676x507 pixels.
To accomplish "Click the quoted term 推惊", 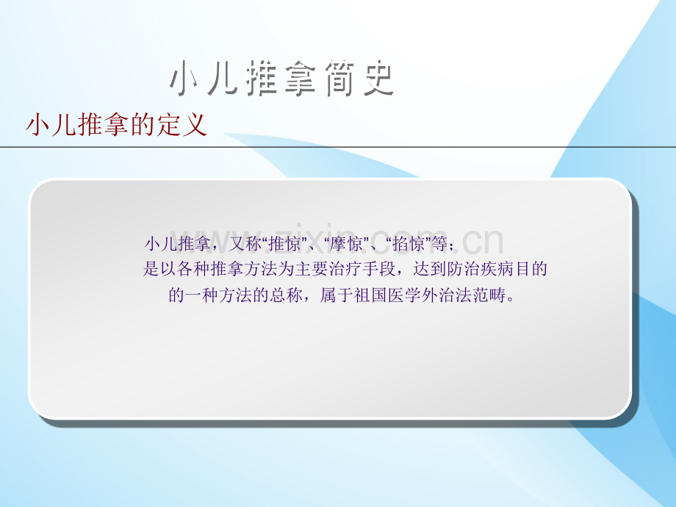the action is pyautogui.click(x=284, y=244).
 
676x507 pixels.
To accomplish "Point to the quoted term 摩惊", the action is pyautogui.click(x=346, y=244).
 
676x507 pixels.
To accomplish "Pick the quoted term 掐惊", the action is pyautogui.click(x=408, y=244).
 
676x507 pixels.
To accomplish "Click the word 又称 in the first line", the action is pyautogui.click(x=245, y=244).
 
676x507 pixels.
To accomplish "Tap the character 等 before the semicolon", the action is pyautogui.click(x=439, y=244).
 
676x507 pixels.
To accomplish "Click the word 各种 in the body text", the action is pyautogui.click(x=193, y=269).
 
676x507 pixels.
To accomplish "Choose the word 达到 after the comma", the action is pyautogui.click(x=430, y=269).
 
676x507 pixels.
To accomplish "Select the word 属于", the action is pyautogui.click(x=337, y=295).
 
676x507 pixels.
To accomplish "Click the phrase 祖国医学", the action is pyautogui.click(x=387, y=295).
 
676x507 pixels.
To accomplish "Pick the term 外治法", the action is pyautogui.click(x=447, y=295).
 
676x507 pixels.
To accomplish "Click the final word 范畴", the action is pyautogui.click(x=489, y=295).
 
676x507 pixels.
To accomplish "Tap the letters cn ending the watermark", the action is pyautogui.click(x=483, y=242).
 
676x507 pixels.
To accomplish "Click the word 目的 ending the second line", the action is pyautogui.click(x=531, y=269).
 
